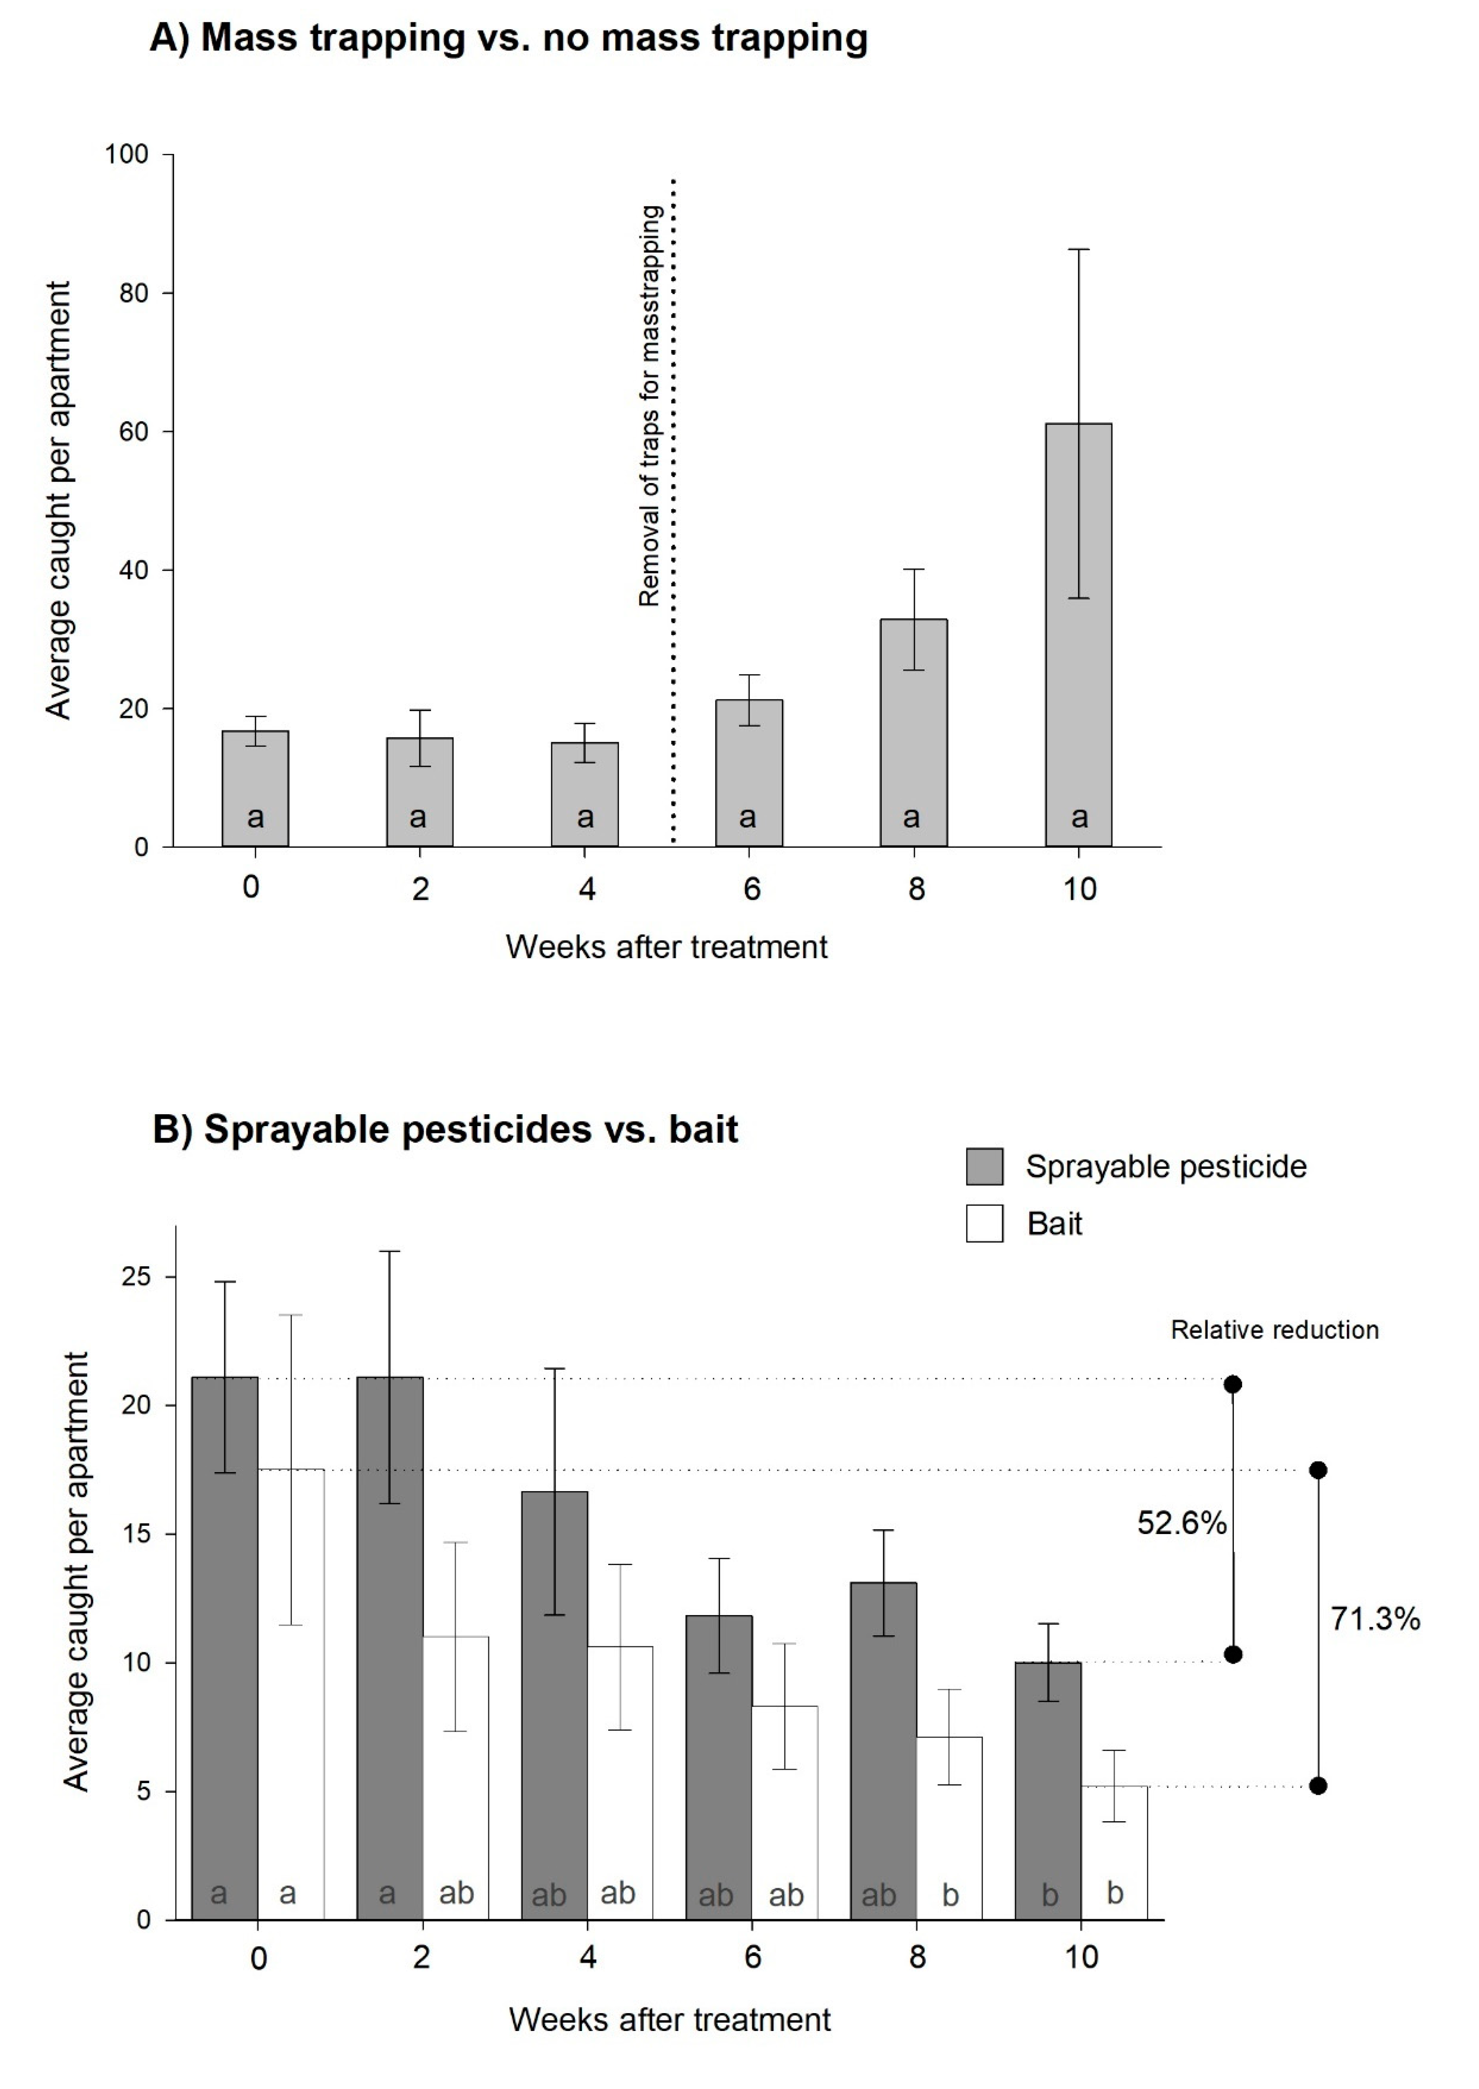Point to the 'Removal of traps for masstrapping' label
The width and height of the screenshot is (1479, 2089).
point(649,405)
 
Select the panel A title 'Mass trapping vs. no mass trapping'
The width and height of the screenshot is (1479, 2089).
point(508,38)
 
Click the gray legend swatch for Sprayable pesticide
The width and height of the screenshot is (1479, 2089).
point(985,1167)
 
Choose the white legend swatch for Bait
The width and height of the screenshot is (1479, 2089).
point(985,1223)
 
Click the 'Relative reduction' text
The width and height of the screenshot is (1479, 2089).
point(1274,1330)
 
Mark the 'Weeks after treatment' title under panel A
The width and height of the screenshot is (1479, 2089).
point(667,947)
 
